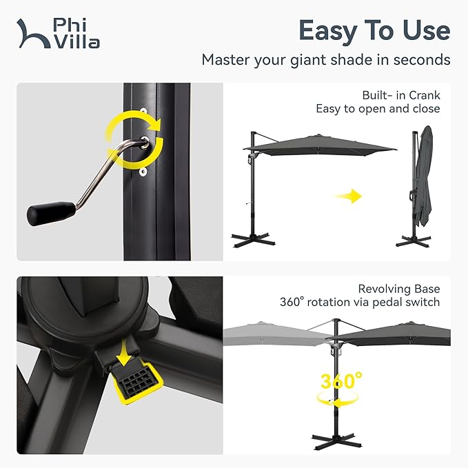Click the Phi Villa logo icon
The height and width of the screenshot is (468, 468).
[x=32, y=33]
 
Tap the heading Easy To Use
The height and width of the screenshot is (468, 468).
[x=374, y=30]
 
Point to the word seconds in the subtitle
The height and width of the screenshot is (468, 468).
[x=423, y=60]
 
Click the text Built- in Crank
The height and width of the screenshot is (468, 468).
[x=401, y=95]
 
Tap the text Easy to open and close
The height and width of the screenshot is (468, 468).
[x=378, y=109]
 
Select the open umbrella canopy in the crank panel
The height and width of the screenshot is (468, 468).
[x=321, y=143]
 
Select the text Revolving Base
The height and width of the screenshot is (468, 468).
[x=399, y=289]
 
